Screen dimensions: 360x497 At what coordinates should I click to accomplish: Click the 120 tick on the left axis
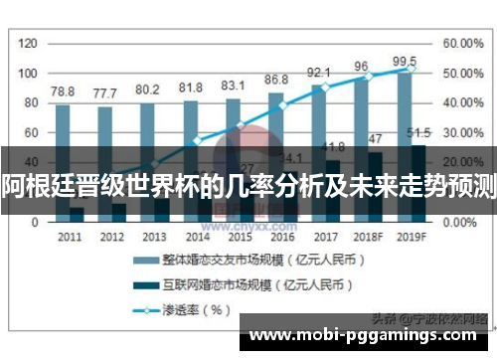tap(28, 44)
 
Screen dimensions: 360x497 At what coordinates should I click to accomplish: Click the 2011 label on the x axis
tap(70, 237)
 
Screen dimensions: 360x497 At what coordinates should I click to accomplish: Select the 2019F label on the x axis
tap(411, 237)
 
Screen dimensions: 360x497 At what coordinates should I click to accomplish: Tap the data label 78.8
tap(63, 90)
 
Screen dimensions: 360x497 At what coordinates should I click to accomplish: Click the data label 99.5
tap(405, 62)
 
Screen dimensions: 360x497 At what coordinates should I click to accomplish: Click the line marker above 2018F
tap(368, 76)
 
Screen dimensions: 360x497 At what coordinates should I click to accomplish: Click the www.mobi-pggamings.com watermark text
tap(368, 337)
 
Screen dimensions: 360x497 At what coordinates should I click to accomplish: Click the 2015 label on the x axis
tap(240, 237)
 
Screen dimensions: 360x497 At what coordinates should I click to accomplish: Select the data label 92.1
tap(319, 72)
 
